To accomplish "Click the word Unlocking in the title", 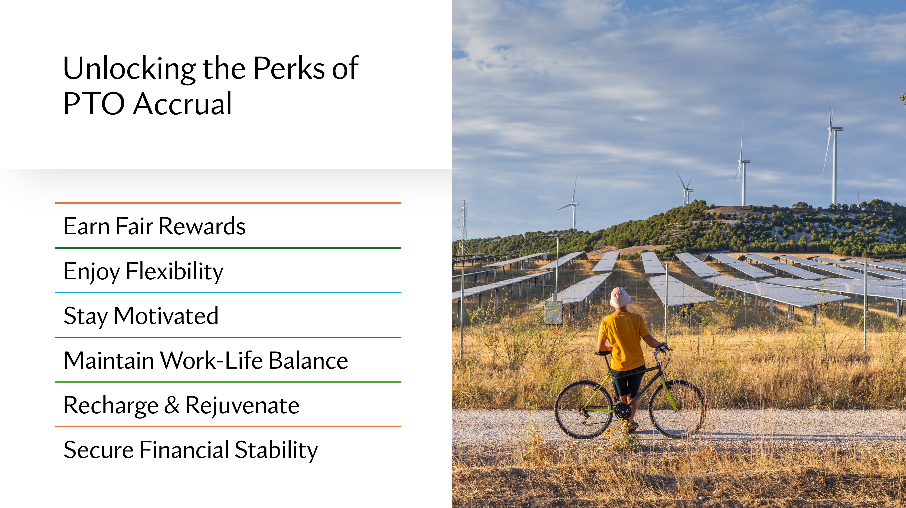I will tap(129, 69).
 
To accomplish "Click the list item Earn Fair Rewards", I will tap(154, 226).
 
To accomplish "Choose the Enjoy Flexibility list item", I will tap(143, 271).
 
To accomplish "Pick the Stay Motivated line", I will tap(141, 316).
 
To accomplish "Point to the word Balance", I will tap(308, 361).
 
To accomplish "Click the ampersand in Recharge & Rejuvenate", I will tap(172, 405).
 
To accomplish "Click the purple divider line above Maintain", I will tap(228, 337).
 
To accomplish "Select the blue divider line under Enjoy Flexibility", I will tap(228, 293).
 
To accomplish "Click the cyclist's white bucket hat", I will tap(620, 297).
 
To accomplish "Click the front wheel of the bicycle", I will tap(677, 409).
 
